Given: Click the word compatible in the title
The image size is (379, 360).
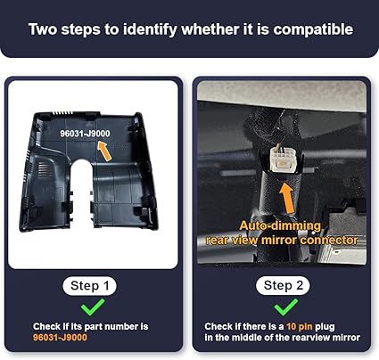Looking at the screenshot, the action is point(313,29).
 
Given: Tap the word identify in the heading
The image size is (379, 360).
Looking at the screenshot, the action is point(150,29).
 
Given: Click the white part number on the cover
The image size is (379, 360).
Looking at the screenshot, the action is point(85,134).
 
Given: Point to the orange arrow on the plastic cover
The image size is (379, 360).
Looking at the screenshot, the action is point(104,151).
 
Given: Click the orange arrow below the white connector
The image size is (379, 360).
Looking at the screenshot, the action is point(287,198).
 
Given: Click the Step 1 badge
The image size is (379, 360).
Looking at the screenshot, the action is point(90,286).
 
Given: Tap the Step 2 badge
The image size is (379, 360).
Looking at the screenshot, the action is point(283,285).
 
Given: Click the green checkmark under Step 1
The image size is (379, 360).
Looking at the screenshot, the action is point(93,307).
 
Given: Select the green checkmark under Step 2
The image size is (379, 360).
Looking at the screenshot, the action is point(285,307).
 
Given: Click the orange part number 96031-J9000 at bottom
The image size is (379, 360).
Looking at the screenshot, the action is point(60,338).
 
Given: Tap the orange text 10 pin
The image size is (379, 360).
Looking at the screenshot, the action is point(300,327).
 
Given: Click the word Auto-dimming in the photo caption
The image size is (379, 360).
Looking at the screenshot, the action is point(280,226).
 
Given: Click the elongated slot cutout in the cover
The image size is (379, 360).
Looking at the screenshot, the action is point(81,190).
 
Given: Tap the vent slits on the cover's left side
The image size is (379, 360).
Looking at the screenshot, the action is point(43,169).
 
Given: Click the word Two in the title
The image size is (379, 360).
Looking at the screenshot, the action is point(43,29).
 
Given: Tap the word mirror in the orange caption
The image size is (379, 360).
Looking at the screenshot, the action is point(279,240).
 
